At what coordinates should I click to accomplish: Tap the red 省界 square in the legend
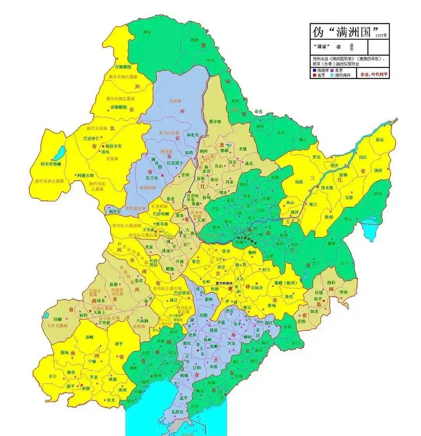(314, 75)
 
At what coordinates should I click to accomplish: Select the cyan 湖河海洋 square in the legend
(332, 75)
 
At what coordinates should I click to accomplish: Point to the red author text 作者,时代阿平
(373, 74)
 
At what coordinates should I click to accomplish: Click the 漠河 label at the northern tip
(147, 32)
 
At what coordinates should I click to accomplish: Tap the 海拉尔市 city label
(113, 146)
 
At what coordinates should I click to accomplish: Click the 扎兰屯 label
(153, 177)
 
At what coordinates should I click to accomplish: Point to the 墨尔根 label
(215, 122)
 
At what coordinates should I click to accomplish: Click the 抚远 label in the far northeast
(379, 140)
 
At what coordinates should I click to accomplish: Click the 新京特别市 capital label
(224, 283)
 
